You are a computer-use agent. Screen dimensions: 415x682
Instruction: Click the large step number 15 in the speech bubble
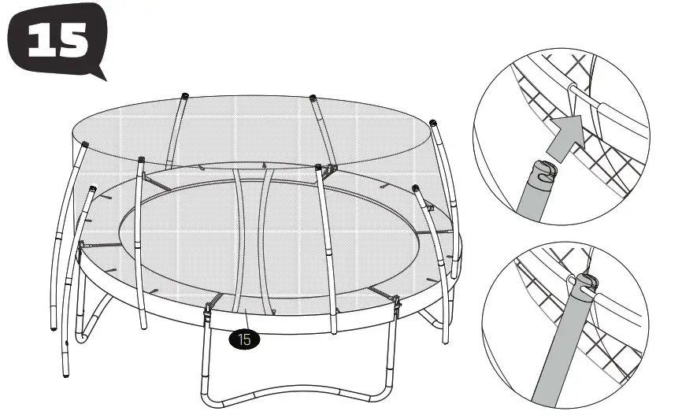pyautogui.click(x=56, y=40)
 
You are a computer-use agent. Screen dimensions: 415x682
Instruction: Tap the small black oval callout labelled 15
pyautogui.click(x=244, y=340)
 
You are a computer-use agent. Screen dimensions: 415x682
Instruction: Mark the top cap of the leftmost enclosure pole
pyautogui.click(x=85, y=145)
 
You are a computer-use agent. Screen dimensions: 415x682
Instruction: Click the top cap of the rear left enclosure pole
pyautogui.click(x=183, y=95)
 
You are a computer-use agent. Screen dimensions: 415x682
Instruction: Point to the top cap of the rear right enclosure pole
pyautogui.click(x=313, y=98)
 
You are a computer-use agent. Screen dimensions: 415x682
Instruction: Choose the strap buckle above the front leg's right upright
pyautogui.click(x=395, y=300)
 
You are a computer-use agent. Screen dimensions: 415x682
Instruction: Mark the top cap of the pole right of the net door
pyautogui.click(x=317, y=167)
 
